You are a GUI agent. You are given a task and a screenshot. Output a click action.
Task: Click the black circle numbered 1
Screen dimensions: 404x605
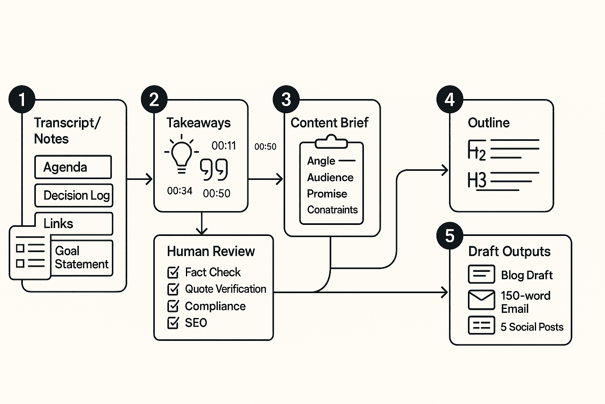(x=22, y=99)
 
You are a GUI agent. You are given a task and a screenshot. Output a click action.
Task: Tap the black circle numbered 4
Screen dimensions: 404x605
(x=449, y=99)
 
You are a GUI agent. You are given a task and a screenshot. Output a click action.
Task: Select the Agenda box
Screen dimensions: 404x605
(x=73, y=167)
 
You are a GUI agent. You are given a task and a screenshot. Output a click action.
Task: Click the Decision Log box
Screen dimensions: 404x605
(x=74, y=195)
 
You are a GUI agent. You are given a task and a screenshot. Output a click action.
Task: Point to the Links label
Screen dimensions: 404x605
(x=58, y=224)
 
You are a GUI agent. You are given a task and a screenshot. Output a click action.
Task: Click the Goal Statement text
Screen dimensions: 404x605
(x=81, y=257)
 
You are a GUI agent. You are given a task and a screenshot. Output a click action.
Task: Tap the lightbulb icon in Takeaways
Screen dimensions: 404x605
(x=181, y=155)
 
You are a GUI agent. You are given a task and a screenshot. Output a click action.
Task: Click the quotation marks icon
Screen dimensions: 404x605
(x=214, y=170)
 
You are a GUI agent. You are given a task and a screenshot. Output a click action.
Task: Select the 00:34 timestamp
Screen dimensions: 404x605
(x=180, y=191)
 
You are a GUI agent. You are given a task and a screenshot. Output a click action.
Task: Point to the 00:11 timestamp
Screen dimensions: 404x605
(x=224, y=146)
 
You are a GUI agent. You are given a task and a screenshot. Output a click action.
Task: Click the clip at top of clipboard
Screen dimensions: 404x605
(x=331, y=141)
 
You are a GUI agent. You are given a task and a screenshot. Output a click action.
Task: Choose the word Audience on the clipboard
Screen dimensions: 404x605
(x=330, y=178)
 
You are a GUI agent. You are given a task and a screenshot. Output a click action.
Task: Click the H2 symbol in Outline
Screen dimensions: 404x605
(x=477, y=150)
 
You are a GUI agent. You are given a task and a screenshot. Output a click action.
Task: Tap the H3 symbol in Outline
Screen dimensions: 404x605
(x=477, y=180)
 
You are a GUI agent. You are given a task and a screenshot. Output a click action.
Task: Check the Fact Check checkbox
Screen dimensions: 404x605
(x=173, y=272)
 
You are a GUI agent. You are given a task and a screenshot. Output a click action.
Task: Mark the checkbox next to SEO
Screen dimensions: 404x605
(x=173, y=323)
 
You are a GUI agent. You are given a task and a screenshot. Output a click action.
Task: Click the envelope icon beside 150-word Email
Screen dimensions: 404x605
(x=481, y=300)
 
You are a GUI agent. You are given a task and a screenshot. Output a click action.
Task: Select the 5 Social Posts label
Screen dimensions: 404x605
(x=532, y=327)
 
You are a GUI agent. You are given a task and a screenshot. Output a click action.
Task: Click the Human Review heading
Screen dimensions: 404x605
(x=211, y=251)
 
